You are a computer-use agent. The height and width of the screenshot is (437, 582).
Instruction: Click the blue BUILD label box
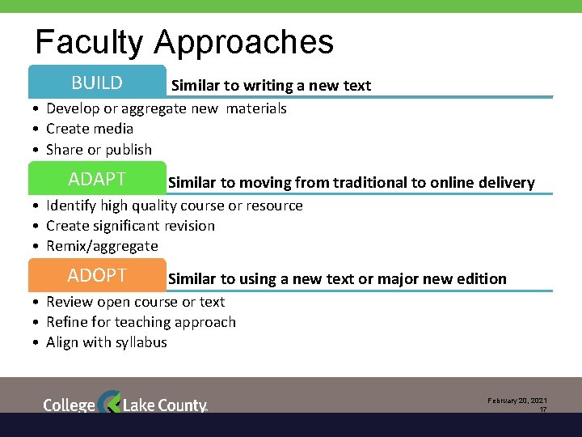pyautogui.click(x=97, y=83)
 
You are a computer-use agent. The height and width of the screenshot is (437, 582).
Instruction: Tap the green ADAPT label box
pyautogui.click(x=97, y=179)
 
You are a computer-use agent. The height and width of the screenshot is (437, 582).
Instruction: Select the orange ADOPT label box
pyautogui.click(x=97, y=275)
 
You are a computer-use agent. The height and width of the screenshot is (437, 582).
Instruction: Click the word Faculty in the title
pyautogui.click(x=89, y=42)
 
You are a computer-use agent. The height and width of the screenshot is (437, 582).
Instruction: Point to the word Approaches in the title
pyautogui.click(x=243, y=42)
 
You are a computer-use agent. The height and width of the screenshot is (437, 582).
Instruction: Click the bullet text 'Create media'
pyautogui.click(x=90, y=129)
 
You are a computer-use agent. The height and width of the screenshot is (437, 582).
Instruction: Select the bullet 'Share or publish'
pyautogui.click(x=99, y=149)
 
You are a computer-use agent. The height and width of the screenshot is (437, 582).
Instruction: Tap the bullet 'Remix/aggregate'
pyautogui.click(x=102, y=245)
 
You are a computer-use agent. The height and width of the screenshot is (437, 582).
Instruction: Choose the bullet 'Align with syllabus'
pyautogui.click(x=107, y=342)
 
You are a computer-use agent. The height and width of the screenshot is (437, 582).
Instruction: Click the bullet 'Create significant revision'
pyautogui.click(x=130, y=225)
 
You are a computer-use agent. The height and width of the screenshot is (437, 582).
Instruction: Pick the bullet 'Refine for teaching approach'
pyautogui.click(x=141, y=321)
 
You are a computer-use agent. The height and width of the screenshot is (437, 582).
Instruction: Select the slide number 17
pyautogui.click(x=543, y=410)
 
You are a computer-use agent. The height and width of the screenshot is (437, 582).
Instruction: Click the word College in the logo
pyautogui.click(x=69, y=405)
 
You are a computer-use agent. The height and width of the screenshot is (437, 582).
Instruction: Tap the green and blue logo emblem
pyautogui.click(x=108, y=403)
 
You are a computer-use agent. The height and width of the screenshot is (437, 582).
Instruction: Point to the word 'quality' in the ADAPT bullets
pyautogui.click(x=139, y=205)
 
